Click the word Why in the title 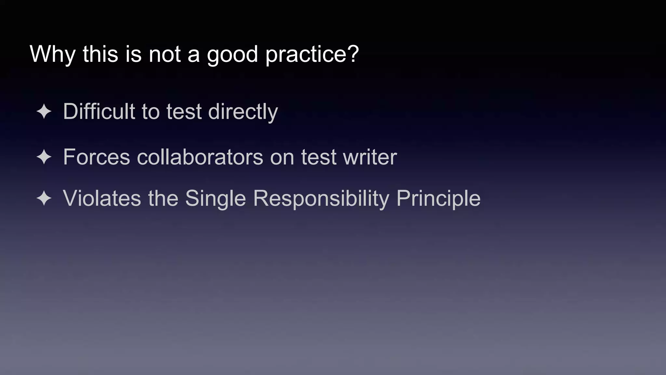52,54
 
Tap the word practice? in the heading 312,54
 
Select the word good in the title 232,54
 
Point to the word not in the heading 164,54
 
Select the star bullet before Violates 44,199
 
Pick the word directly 243,112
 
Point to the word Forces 96,157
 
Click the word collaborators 200,157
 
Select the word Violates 102,198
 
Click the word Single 215,198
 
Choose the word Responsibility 321,198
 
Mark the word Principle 438,198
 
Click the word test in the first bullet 184,112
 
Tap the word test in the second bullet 318,157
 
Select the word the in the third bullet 163,198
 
